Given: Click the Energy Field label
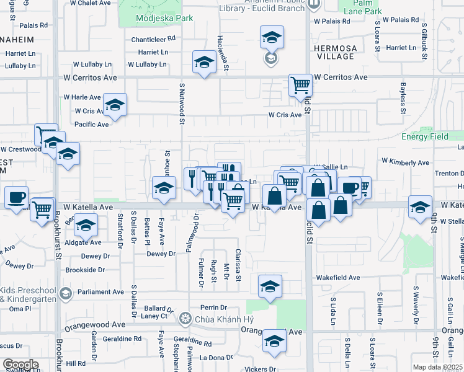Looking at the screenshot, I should pyautogui.click(x=424, y=136).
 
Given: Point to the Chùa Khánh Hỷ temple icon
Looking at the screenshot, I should pyautogui.click(x=184, y=319).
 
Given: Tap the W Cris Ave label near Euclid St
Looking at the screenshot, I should pyautogui.click(x=285, y=115).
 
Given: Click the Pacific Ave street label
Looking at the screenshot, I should pyautogui.click(x=91, y=125).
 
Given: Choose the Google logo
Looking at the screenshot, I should pyautogui.click(x=20, y=365).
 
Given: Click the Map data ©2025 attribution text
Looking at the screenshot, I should pyautogui.click(x=438, y=367).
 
